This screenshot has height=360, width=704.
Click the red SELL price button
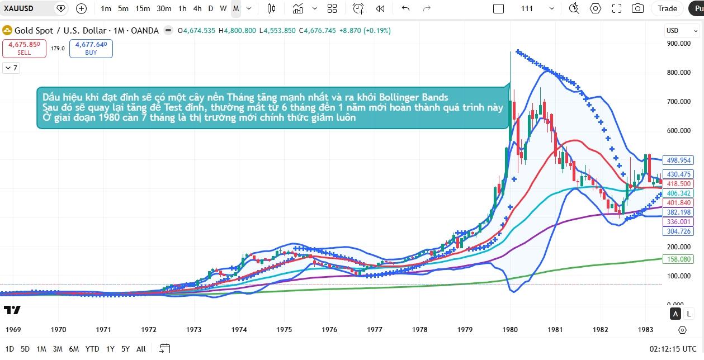coord(24,48)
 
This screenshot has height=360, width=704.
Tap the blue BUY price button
coord(91,48)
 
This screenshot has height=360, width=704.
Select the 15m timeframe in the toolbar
coord(143,8)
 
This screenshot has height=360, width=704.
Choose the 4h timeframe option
coord(197,8)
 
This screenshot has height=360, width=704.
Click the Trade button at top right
coord(667,8)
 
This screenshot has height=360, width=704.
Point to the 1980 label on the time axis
coord(509,330)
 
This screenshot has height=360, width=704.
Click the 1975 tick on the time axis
coord(284,330)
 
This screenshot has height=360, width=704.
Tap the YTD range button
coord(92,349)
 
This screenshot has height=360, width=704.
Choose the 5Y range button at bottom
coord(125,349)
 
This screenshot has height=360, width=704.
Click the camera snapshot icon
coord(637,8)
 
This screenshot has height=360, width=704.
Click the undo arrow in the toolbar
coord(406,8)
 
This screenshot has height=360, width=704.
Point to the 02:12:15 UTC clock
coord(673,349)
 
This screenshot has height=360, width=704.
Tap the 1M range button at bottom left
coord(41,349)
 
